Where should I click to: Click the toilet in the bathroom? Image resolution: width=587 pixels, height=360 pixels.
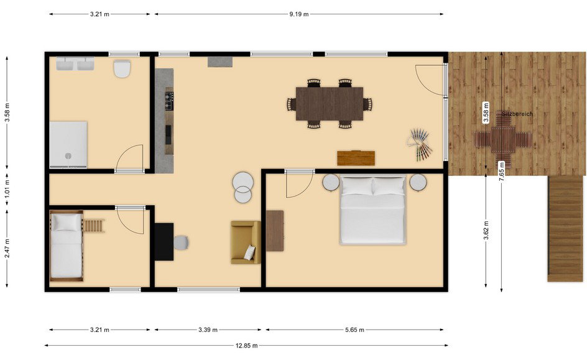point(122,68)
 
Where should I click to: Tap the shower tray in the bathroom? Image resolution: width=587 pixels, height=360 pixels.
point(68,144)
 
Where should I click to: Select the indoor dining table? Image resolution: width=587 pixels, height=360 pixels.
point(330,104)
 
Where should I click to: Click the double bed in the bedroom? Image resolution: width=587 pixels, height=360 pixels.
point(373,210)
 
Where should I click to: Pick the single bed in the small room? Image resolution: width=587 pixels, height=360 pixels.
point(67,246)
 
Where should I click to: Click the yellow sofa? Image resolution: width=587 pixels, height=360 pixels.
point(246,242)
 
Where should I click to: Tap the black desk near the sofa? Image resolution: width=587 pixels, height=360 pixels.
point(164,242)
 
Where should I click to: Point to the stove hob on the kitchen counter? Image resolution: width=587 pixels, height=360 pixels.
point(169,101)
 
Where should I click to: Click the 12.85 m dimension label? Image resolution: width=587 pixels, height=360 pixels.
point(246,346)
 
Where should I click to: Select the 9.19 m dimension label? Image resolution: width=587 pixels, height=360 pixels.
point(298,14)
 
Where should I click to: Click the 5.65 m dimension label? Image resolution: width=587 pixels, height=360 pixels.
point(354,330)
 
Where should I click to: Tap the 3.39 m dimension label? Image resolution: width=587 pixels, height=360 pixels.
point(208,330)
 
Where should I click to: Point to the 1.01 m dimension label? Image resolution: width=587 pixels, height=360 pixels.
point(7,189)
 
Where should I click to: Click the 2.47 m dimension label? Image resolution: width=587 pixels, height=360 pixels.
point(7,249)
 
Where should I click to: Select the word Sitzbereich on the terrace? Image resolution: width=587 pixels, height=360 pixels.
point(517,114)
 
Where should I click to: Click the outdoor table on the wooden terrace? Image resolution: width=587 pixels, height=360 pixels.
point(503,139)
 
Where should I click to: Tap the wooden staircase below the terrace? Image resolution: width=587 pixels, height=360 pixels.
point(565,229)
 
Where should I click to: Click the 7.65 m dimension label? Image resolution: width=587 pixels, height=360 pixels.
point(502,171)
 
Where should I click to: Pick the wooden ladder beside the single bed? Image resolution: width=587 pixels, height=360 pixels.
point(94,226)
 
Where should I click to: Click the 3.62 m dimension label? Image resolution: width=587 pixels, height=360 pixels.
point(486,231)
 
